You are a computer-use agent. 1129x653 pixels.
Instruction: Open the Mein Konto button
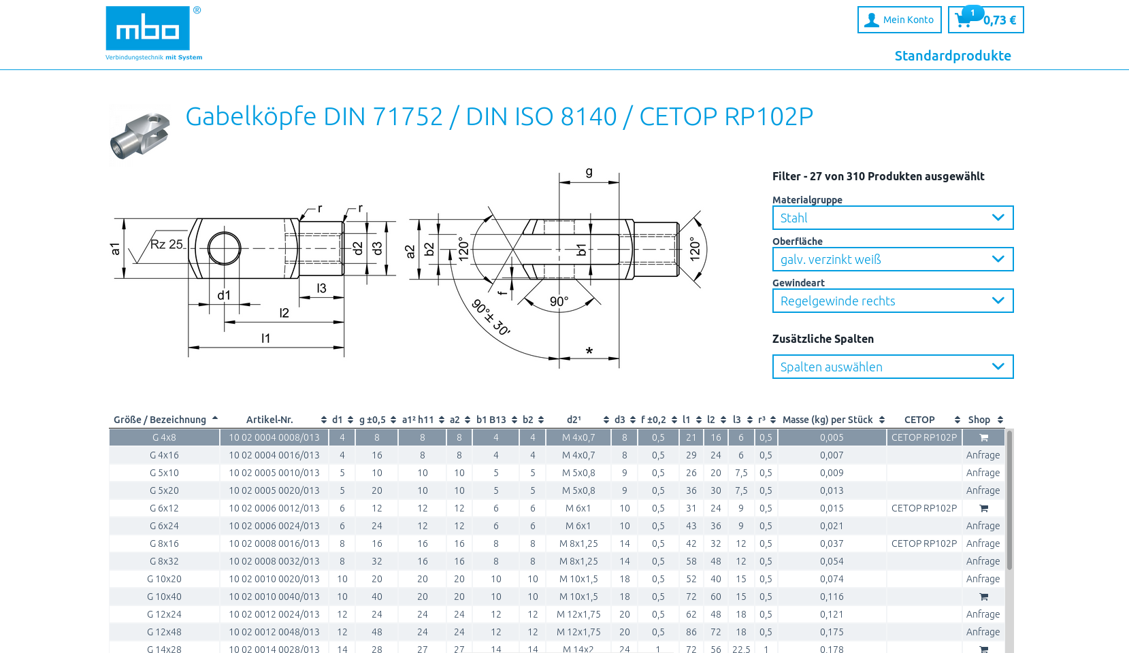point(899,20)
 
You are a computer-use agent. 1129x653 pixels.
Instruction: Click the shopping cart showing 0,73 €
point(985,20)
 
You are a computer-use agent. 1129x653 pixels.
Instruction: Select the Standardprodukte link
point(952,56)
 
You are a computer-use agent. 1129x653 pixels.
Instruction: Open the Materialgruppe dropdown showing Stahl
point(892,218)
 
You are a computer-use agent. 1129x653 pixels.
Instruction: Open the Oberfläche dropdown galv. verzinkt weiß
point(892,259)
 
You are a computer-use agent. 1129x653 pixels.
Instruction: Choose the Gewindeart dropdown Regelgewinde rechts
point(892,301)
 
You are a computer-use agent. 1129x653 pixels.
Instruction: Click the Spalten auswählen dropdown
point(892,367)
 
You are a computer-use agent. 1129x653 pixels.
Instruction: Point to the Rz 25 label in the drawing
point(167,244)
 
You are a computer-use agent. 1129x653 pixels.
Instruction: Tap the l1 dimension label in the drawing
point(265,338)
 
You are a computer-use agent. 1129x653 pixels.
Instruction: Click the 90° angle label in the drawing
point(559,301)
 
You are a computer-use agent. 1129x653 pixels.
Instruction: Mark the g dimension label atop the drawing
point(589,172)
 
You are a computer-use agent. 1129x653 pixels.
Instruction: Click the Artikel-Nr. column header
point(269,420)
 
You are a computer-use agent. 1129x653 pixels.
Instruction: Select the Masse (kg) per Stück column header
point(828,420)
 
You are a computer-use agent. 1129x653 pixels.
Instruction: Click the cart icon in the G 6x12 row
point(983,508)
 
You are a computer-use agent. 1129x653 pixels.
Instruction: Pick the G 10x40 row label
point(164,597)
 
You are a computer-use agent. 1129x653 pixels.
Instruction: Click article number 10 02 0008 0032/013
point(274,561)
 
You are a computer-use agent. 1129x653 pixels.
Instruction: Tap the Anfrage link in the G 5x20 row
point(983,490)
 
